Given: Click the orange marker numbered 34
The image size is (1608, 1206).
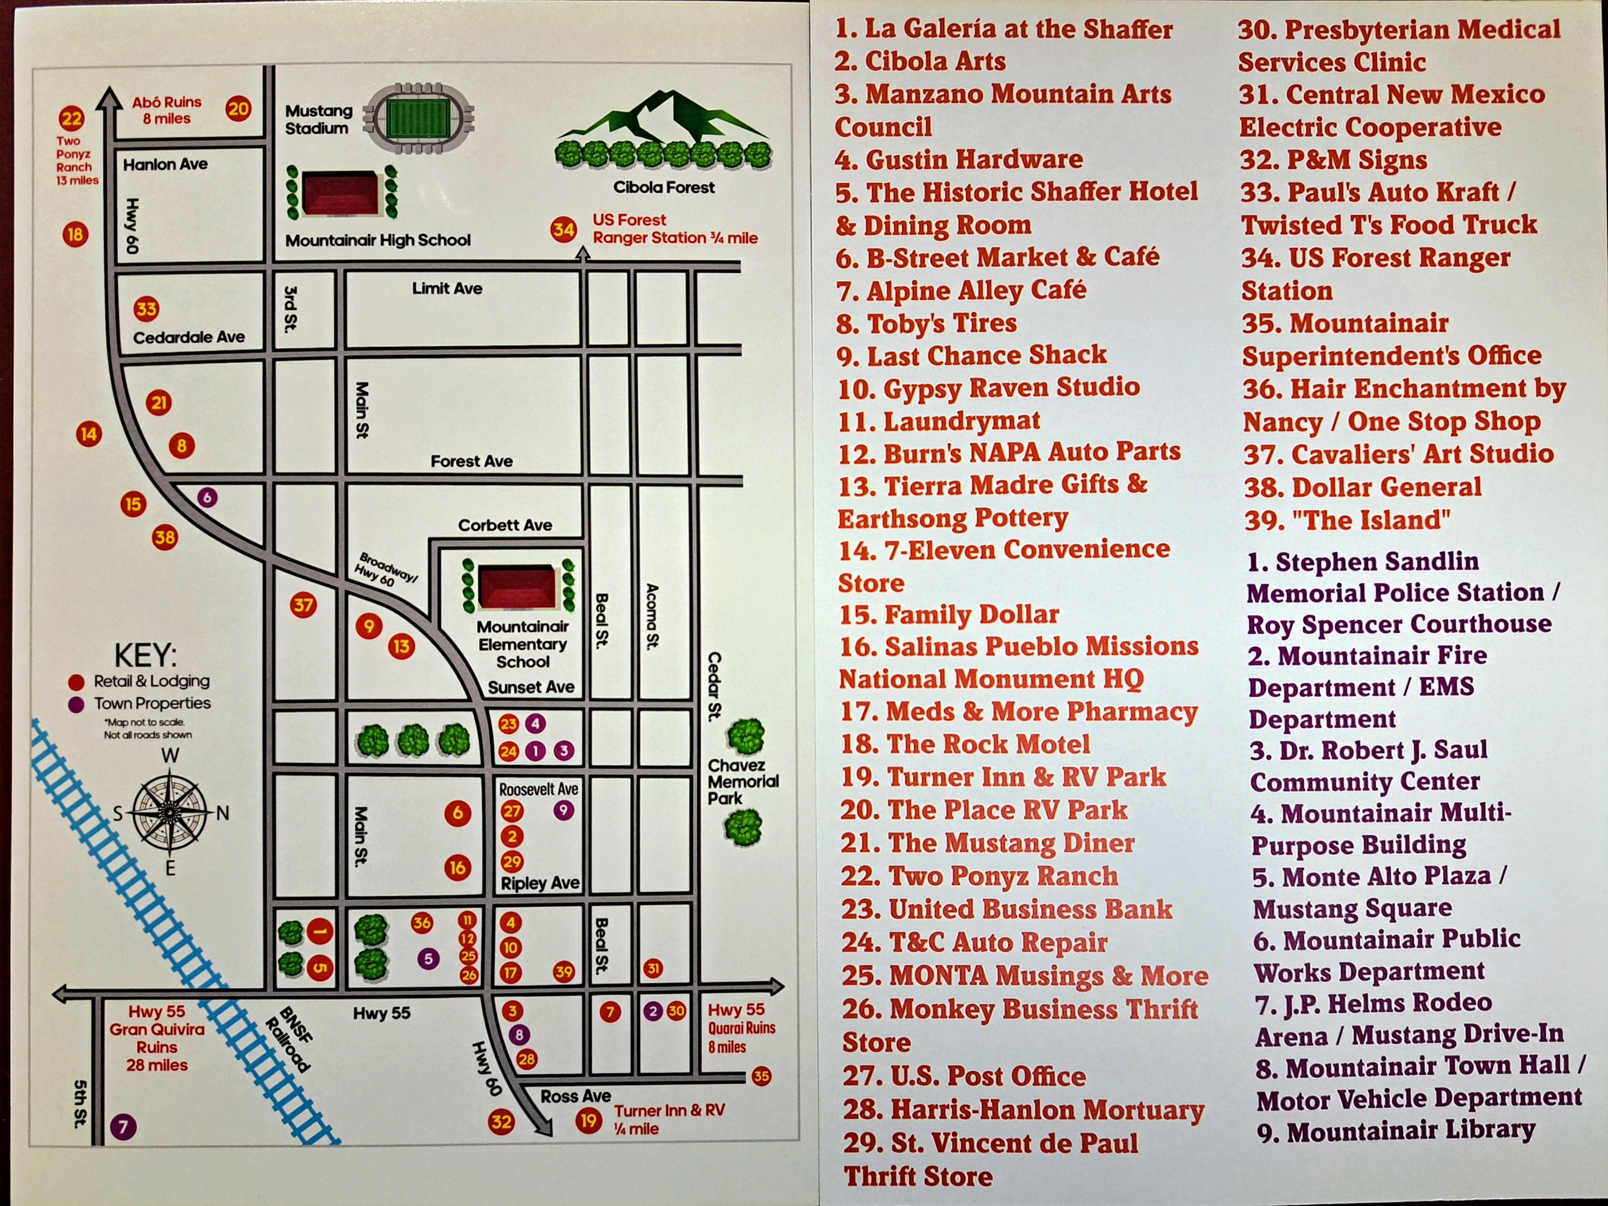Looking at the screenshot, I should pos(563,230).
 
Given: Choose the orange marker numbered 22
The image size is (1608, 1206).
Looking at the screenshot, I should pos(72,118).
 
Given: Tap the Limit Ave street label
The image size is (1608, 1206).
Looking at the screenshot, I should pos(447,289).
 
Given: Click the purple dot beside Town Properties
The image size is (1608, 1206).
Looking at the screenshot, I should pos(75,705).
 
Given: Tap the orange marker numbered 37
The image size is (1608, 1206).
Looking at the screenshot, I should pos(303,605).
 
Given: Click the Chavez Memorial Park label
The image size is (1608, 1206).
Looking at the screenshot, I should pos(742,781).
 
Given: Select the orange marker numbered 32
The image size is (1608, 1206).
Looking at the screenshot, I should pos(501,1121).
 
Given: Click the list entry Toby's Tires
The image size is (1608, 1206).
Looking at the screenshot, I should pos(927,323).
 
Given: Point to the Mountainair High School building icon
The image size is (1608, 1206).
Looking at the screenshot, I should pos(340,193).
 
